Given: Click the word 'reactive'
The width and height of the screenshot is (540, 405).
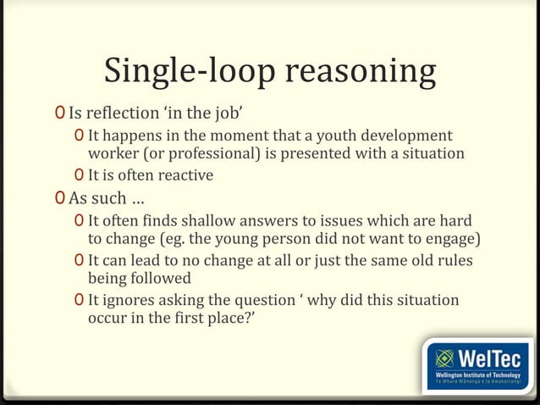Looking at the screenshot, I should (x=186, y=175).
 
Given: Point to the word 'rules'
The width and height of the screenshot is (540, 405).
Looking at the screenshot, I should (x=453, y=260).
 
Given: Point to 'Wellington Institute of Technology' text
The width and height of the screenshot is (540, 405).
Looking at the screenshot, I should (x=477, y=374).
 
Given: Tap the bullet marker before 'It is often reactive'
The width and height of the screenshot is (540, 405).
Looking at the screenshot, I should (x=79, y=175).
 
